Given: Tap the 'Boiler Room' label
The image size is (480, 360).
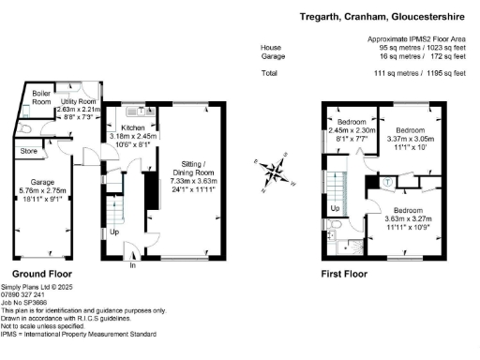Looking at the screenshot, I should [41, 97].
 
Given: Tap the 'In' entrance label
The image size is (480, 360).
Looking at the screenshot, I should [132, 265].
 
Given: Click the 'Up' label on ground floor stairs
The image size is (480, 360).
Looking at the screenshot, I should [114, 232].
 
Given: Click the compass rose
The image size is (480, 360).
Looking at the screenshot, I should [273, 171].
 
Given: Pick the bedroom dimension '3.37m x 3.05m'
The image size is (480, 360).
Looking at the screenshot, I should [408, 138].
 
